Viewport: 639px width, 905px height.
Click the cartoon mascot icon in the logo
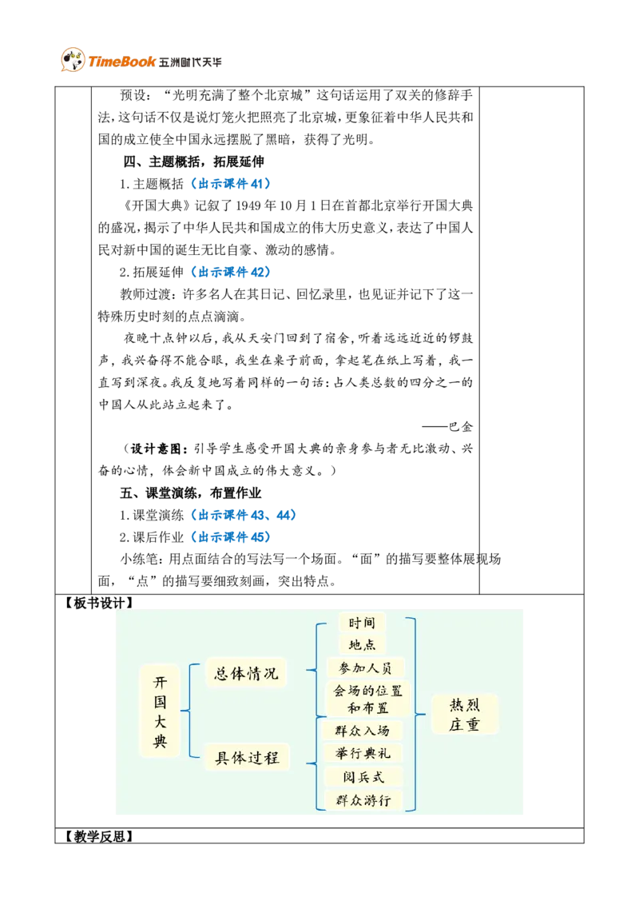click(72, 60)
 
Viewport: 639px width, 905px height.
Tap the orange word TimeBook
click(121, 62)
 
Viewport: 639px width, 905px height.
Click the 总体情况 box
click(246, 674)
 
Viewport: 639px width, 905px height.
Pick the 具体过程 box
click(247, 757)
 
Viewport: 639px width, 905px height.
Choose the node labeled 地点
click(362, 644)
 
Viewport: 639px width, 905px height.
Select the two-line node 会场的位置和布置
click(368, 699)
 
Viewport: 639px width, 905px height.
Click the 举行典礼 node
click(363, 753)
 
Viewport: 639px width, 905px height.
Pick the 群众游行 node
click(363, 799)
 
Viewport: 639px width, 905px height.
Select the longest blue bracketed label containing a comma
click(244, 516)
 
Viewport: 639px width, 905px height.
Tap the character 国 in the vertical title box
click(160, 702)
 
